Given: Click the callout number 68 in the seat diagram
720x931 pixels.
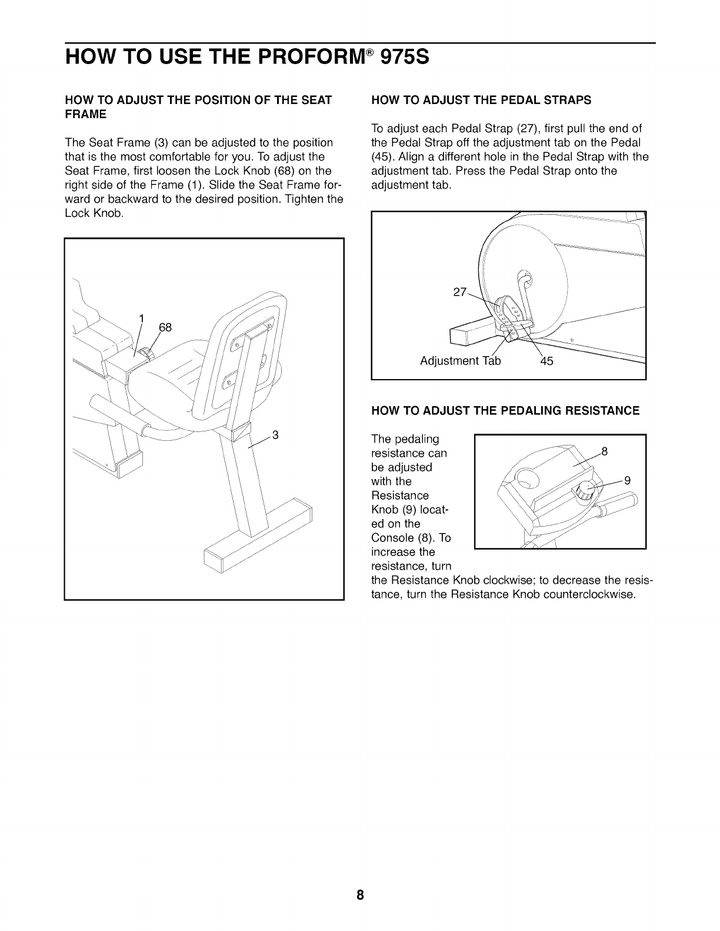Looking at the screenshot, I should [x=165, y=327].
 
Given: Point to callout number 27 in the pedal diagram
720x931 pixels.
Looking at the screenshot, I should [x=460, y=293].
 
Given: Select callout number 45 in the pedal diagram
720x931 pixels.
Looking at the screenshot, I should [x=546, y=361].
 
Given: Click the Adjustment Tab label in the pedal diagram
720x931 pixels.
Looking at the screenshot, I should [x=461, y=361].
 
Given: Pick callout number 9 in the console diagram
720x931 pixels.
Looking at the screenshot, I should [x=627, y=480].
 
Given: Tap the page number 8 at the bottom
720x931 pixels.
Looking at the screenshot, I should [x=360, y=896].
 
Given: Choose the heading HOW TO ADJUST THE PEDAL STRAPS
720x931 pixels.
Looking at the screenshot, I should [x=481, y=100].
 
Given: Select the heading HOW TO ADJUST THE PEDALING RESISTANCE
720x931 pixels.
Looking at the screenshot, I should [x=505, y=410].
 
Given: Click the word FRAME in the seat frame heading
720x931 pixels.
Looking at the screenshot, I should [x=86, y=114].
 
